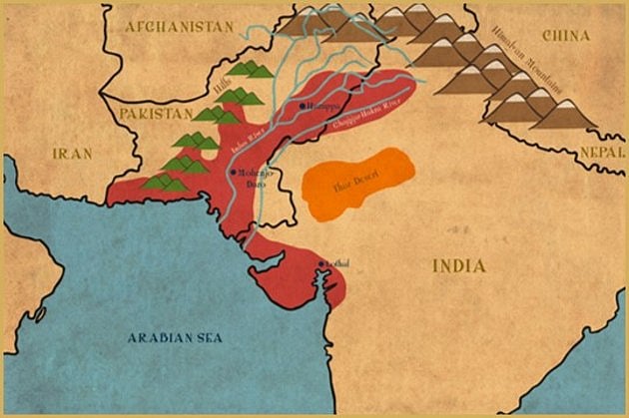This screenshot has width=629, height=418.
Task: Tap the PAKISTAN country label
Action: [x=155, y=116]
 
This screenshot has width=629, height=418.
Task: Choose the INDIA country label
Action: [x=458, y=265]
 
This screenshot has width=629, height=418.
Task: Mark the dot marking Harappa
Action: [x=303, y=105]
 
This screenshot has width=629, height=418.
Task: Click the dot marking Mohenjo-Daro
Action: [x=233, y=172]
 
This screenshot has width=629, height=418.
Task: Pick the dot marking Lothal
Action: [x=320, y=263]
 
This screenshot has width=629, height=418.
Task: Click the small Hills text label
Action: [x=222, y=88]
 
